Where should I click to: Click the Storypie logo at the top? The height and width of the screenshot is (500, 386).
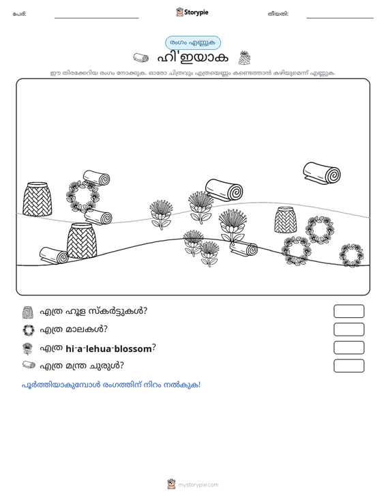pos(192,12)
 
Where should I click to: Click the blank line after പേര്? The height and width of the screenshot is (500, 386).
pos(97,18)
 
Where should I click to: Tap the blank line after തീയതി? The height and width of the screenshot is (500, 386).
pos(340,18)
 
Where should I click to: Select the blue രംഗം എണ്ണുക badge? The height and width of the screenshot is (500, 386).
pos(193,43)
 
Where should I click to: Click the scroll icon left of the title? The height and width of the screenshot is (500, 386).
pos(141,58)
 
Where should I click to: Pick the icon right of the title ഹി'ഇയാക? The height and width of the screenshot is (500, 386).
pos(244,57)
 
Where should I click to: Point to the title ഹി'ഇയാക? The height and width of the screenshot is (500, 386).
pos(193,58)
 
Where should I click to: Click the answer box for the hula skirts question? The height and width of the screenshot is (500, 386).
pos(348,311)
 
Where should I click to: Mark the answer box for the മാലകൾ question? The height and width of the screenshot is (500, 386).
pos(348,329)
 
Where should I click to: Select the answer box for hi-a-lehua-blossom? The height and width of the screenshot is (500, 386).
pos(348,348)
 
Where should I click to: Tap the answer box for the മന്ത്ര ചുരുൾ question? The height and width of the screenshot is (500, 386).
pos(348,366)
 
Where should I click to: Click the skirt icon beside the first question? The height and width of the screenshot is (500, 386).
pos(28,312)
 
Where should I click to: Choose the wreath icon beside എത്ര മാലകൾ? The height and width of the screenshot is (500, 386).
pos(29,330)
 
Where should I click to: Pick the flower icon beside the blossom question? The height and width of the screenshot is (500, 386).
pos(27,349)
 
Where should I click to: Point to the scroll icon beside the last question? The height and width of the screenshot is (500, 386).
pos(29,365)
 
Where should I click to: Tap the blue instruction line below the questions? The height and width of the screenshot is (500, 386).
pos(111,385)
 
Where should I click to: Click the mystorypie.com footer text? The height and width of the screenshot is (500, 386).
pos(198,485)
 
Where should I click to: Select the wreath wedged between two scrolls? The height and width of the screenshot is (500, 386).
pos(83,196)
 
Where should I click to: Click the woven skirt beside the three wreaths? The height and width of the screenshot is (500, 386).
pos(285,220)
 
